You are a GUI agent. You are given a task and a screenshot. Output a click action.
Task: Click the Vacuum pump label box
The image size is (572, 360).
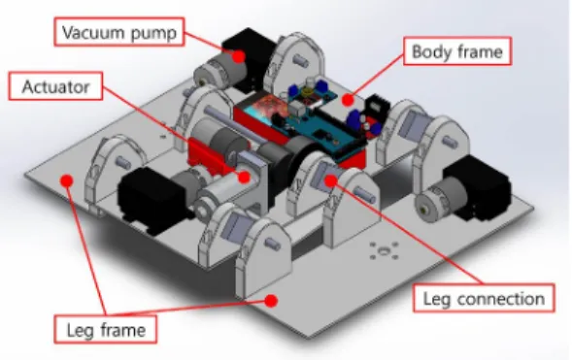[x=119, y=32]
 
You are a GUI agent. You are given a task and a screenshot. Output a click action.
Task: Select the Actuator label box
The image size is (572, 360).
[x=55, y=86]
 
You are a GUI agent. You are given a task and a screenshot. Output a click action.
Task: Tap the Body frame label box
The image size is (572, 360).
[x=457, y=51]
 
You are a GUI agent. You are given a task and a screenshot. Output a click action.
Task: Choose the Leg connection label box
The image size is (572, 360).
[x=484, y=298]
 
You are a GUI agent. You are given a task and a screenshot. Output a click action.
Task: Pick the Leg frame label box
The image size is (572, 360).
[x=106, y=329]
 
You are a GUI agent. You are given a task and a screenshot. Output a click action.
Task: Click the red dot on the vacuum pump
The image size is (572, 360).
[x=239, y=56]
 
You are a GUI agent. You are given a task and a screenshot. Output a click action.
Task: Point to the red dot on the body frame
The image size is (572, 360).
[x=348, y=100]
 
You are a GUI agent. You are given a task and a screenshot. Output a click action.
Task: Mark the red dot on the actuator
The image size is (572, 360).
[x=244, y=177]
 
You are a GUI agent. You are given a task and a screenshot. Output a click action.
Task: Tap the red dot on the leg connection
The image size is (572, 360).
[x=330, y=180]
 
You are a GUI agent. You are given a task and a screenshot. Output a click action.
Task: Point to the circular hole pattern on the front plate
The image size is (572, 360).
[x=384, y=250]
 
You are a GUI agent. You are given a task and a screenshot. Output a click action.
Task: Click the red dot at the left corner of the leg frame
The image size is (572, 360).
[x=67, y=180]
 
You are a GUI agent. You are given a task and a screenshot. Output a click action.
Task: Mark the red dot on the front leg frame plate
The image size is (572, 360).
[x=271, y=301]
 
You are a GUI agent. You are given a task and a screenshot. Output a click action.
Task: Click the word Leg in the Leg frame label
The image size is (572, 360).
[x=80, y=330]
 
